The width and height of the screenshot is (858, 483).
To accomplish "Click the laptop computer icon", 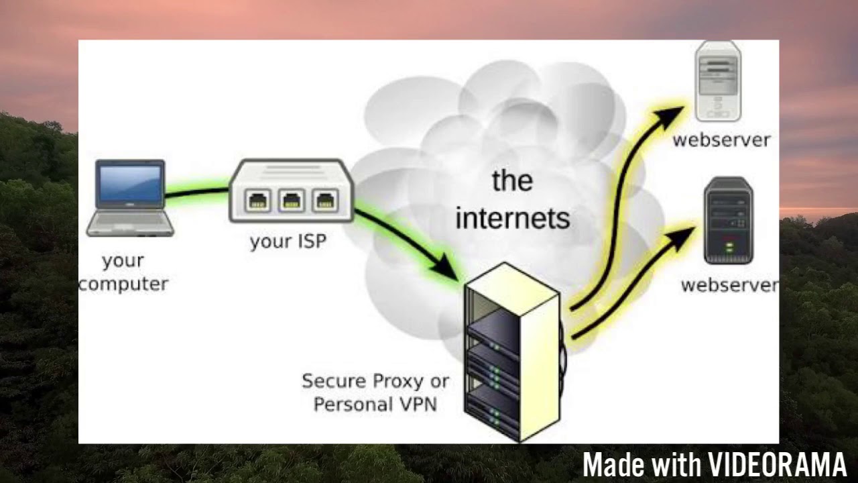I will pyautogui.click(x=130, y=198).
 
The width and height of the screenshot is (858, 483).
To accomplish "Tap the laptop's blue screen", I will pyautogui.click(x=130, y=183).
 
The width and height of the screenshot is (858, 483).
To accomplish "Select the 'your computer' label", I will pyautogui.click(x=123, y=272).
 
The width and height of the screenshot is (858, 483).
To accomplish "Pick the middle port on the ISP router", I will pyautogui.click(x=292, y=200).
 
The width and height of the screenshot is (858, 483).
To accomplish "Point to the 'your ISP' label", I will pyautogui.click(x=288, y=241).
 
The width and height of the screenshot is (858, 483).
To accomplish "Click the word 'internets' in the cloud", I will pyautogui.click(x=512, y=218).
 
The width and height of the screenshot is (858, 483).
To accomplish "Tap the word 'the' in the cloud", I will pyautogui.click(x=512, y=180).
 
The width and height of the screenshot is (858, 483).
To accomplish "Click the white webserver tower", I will pyautogui.click(x=719, y=82).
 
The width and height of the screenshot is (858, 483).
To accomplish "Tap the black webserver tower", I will pyautogui.click(x=729, y=221).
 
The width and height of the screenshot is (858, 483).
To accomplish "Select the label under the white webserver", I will pyautogui.click(x=721, y=140).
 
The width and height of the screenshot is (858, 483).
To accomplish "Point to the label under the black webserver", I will pyautogui.click(x=729, y=285).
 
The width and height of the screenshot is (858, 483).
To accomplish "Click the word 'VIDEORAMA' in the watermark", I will pyautogui.click(x=778, y=465).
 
